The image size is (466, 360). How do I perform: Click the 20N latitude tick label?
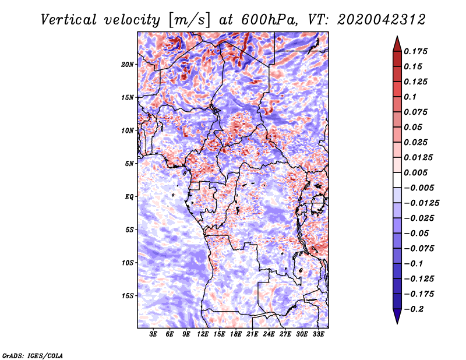point(128,64)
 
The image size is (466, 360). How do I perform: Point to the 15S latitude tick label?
point(128,295)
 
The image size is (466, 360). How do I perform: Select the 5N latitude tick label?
point(129,163)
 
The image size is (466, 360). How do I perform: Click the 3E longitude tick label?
point(154,334)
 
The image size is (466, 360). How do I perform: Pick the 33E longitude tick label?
point(318,334)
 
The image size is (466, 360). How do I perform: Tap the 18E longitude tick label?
point(236,334)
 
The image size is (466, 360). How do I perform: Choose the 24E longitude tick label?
point(269,334)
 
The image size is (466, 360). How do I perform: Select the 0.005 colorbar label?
point(416,172)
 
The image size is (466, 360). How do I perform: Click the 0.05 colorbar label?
point(414,127)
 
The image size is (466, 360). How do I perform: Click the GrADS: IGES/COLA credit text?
point(32,355)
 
